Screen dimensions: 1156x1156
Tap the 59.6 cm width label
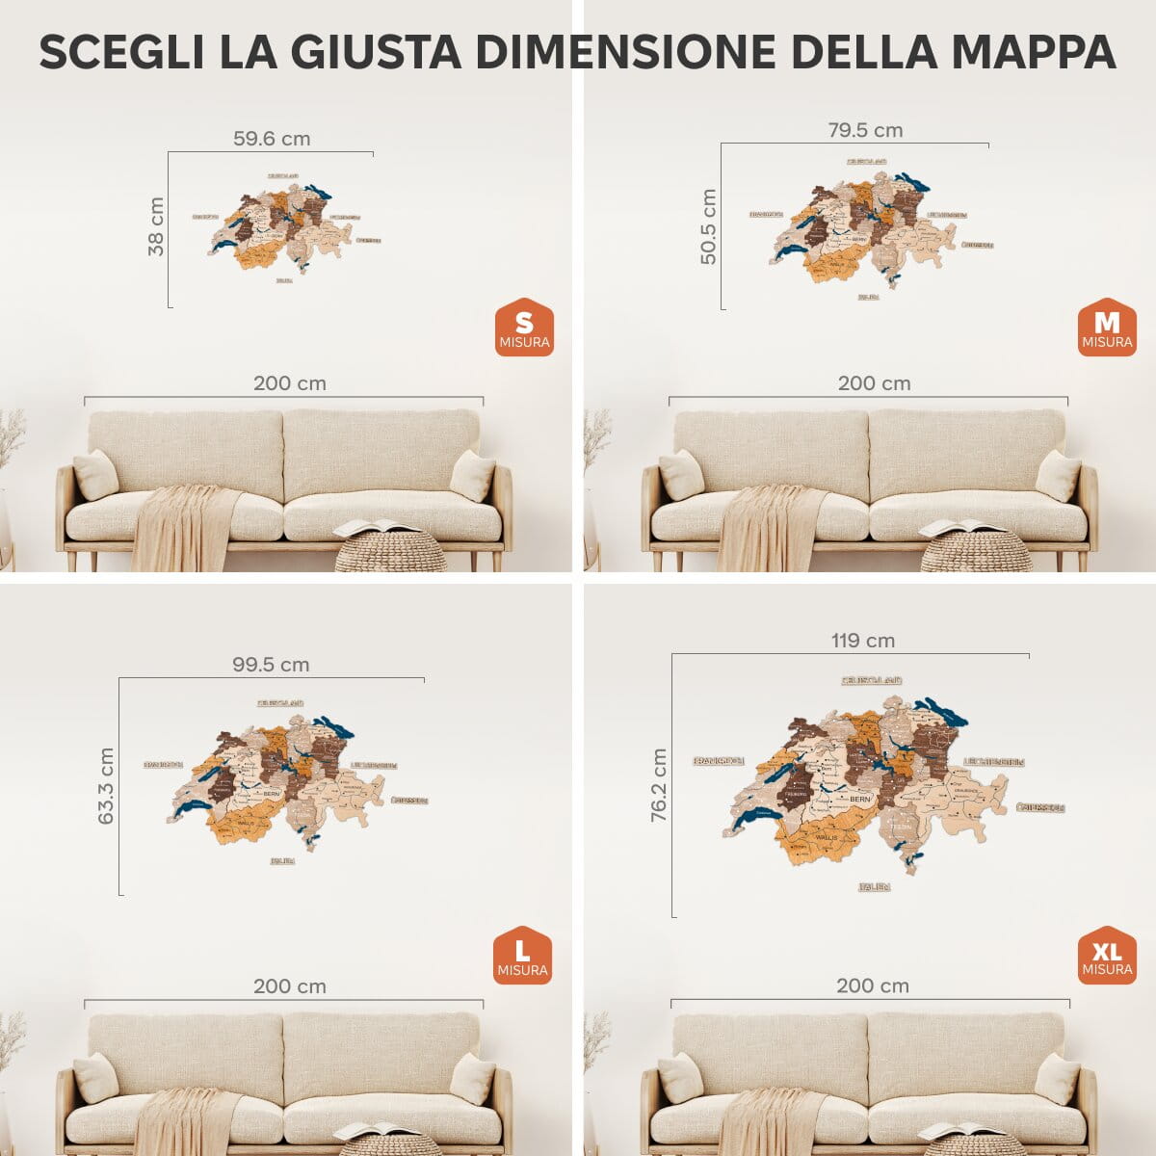coord(272,139)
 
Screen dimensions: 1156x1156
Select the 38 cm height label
coord(156,227)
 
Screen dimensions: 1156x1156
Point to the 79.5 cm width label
coord(865,130)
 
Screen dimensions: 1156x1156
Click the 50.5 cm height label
coord(709,226)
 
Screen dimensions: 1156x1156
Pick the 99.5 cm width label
coord(271,665)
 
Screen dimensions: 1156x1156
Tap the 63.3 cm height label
coord(106,786)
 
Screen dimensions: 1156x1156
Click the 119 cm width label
coord(863,641)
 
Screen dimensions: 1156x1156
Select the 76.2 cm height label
coord(660,785)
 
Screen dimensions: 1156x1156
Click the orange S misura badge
coord(524,328)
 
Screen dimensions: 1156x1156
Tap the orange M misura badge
coord(1107,328)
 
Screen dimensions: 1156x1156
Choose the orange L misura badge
coord(522,957)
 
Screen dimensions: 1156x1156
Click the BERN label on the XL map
coord(859,799)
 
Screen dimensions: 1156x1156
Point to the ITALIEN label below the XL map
coord(875,886)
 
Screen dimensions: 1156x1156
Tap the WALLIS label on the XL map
coord(826,838)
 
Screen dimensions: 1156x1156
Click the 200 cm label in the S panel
coord(289,383)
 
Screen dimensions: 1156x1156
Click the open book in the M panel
coord(961,527)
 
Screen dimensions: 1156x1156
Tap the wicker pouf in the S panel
coord(390,554)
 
